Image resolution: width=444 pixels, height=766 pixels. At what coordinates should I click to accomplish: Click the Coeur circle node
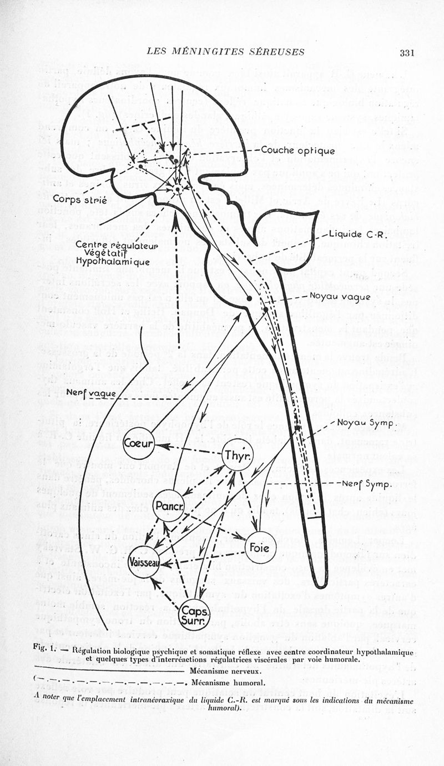point(139,444)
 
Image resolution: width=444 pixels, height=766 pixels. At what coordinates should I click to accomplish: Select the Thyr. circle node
point(237,455)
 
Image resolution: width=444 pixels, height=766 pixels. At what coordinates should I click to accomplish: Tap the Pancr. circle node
point(169,505)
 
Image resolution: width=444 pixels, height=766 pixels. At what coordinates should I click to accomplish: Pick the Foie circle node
point(260,547)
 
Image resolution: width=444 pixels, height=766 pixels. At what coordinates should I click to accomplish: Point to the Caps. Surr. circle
point(195,615)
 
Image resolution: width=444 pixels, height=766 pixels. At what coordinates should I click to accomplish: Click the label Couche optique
point(297,151)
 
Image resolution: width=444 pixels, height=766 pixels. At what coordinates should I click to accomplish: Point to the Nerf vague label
point(91,393)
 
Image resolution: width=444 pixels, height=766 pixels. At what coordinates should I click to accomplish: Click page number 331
point(407,53)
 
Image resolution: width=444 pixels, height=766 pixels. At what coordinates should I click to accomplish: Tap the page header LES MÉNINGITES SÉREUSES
point(225,52)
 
